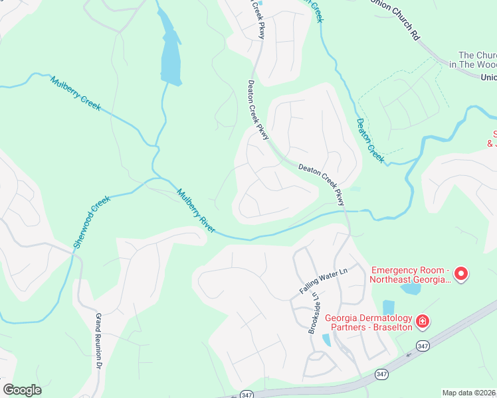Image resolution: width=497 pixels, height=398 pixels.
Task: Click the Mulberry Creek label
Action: (75, 94)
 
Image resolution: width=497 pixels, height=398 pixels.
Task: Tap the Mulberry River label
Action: (196, 210)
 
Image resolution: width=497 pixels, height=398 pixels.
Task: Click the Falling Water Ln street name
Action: (324, 281)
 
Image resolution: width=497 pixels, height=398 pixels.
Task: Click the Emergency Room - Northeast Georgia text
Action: (411, 275)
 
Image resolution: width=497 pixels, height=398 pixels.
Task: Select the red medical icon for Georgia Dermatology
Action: (421, 322)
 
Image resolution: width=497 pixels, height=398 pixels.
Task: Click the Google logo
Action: (22, 390)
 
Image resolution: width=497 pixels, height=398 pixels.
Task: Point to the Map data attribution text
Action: (468, 392)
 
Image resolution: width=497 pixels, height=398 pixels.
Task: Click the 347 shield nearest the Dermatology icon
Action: (422, 346)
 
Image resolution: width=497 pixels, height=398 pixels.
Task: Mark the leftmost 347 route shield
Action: (246, 393)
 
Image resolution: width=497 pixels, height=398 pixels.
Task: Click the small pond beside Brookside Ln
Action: (326, 340)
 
